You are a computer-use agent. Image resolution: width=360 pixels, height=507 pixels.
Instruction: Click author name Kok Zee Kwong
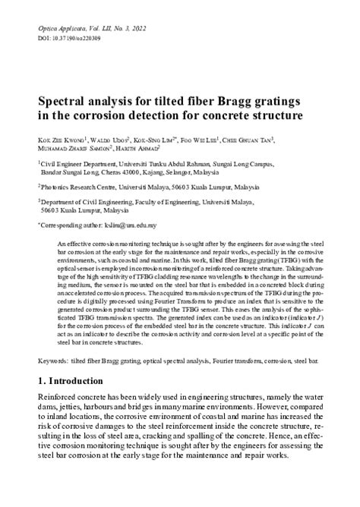coord(61,140)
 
